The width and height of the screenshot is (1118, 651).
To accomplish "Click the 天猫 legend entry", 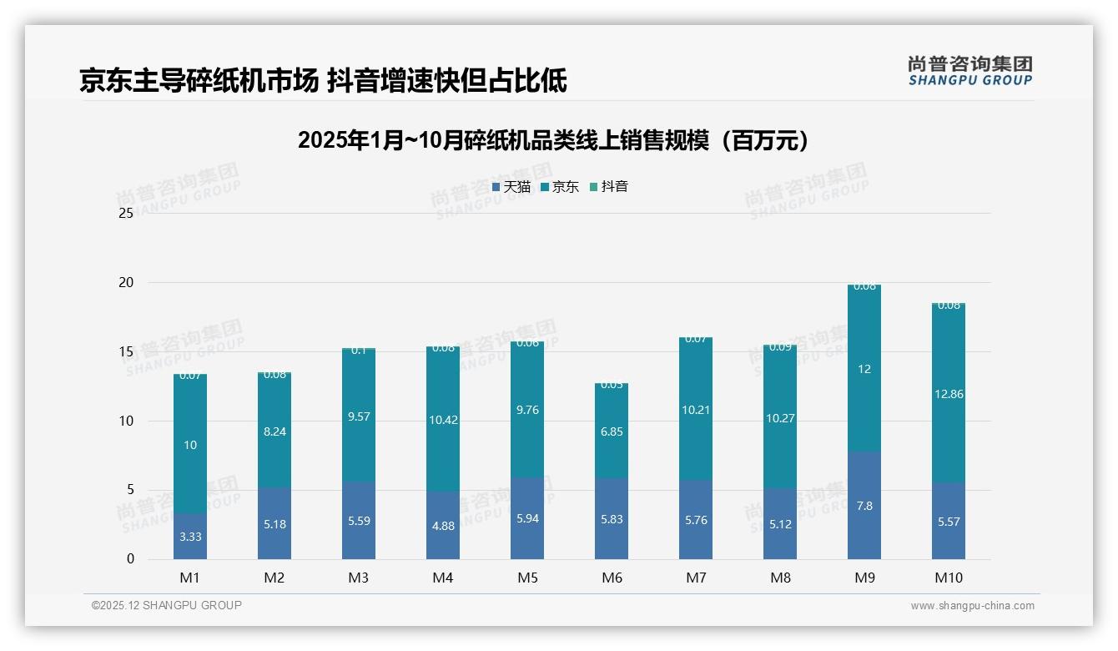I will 511,187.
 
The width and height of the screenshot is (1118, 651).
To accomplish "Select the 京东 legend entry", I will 560,187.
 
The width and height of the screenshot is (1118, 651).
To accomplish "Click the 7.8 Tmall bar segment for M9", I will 864,506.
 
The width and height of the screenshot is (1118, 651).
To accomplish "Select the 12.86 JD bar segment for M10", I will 949,394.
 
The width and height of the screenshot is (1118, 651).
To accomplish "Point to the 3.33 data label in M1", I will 190,537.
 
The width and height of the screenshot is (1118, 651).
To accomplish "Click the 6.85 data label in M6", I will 612,431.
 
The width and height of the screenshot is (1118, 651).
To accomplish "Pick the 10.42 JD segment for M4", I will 443,420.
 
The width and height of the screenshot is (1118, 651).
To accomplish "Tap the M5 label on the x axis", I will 527,578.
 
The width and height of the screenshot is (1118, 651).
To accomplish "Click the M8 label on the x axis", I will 780,578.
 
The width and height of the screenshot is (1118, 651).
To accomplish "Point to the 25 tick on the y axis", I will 126,214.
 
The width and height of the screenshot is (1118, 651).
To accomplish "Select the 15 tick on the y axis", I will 126,352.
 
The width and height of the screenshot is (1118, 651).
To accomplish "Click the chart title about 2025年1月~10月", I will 554,140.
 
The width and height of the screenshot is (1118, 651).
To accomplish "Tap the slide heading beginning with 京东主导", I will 323,81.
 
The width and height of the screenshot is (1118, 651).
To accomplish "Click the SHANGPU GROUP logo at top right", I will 969,71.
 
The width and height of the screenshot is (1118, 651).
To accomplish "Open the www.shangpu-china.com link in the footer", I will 972,606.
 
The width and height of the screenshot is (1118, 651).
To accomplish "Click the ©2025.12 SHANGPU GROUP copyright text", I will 167,606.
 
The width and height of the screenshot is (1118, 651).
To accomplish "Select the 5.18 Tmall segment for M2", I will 274,524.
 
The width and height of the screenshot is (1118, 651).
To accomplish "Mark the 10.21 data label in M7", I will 696,410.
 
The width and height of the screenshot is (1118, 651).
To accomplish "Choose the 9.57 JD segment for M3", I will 359,416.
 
